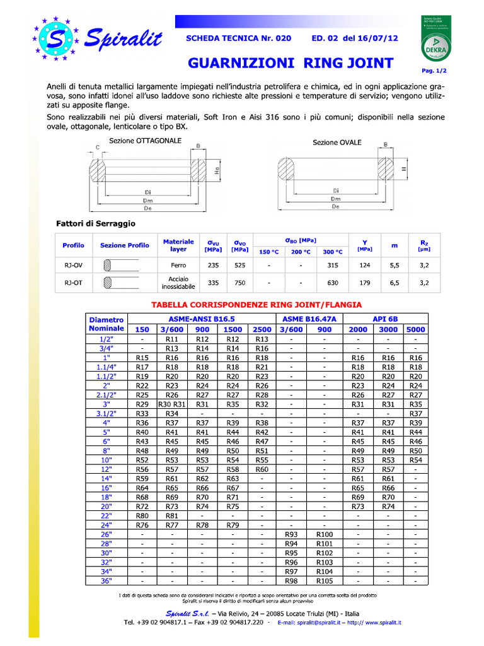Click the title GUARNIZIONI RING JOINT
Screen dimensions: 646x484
[x=291, y=63]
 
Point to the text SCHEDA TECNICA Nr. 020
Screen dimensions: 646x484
[x=239, y=38]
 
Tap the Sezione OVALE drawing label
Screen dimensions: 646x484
[x=337, y=143]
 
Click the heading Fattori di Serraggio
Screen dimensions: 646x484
[x=96, y=224]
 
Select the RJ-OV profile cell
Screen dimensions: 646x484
[x=73, y=266]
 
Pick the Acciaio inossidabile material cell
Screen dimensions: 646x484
[x=178, y=283]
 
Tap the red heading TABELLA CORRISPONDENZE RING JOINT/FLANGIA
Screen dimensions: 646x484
[x=256, y=305]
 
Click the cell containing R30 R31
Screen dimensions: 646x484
[x=172, y=404]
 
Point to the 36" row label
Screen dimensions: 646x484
[x=106, y=580]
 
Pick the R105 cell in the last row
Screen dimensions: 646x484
[x=324, y=580]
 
